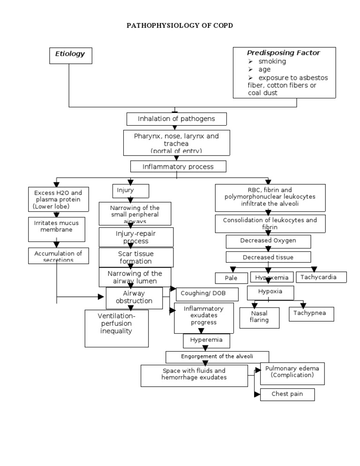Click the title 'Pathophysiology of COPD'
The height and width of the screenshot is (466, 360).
coord(180,26)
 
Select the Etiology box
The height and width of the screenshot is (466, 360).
coord(70,54)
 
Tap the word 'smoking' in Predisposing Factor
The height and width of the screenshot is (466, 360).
coord(272,61)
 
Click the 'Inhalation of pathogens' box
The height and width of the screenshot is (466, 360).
coord(176,119)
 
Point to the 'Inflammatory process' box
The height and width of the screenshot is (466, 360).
coord(178,166)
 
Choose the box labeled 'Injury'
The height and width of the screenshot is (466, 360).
coord(130,191)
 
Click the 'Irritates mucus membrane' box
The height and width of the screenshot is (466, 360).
coord(56,226)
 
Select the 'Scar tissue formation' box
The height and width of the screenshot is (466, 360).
coord(136,257)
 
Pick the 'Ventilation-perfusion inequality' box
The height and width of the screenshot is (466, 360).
coord(116,328)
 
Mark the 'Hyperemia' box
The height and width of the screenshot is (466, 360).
coord(203,339)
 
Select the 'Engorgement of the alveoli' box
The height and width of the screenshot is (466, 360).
coord(217,357)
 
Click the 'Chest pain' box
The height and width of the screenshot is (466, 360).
coord(287,394)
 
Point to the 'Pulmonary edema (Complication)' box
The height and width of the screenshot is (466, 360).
coord(288,372)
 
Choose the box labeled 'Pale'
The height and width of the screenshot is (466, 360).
coord(231,278)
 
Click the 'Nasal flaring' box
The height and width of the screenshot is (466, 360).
coord(259,317)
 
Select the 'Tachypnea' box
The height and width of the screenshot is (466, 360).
coord(311,313)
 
